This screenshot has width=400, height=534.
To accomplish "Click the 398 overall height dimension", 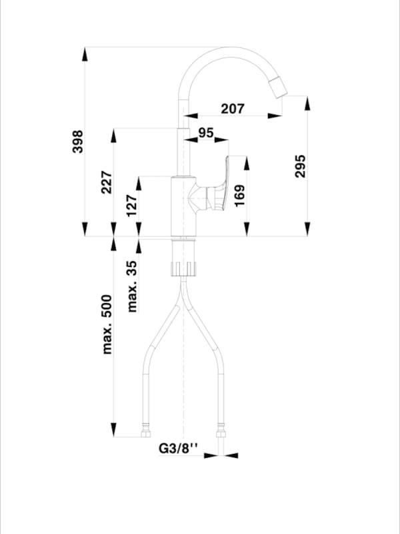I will (x=78, y=142).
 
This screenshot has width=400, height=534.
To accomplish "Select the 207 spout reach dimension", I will (x=232, y=107).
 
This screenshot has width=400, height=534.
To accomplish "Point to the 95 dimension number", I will (x=205, y=132).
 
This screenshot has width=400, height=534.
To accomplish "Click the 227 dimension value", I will (x=107, y=182).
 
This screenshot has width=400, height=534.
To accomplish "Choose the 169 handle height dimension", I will (x=240, y=196).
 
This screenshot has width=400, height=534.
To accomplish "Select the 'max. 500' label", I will (x=107, y=324).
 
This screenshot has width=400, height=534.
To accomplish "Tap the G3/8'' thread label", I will (x=179, y=449).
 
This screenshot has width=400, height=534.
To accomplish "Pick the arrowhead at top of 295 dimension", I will (x=307, y=102).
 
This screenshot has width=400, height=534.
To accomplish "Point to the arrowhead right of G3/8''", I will (x=230, y=456).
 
